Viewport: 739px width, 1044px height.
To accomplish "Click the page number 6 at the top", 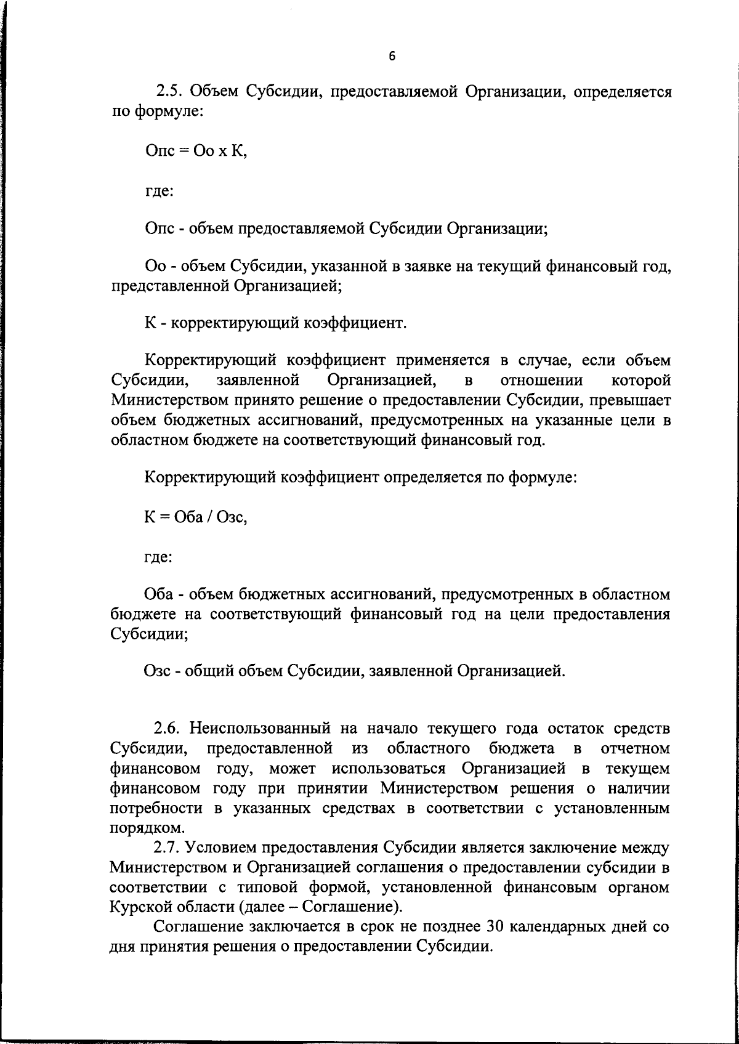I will pyautogui.click(x=392, y=57).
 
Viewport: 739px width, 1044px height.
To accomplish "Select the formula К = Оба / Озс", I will pyautogui.click(x=195, y=517).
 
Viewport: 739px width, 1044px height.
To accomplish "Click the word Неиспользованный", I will pyautogui.click(x=260, y=728).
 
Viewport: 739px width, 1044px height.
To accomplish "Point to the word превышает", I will pyautogui.click(x=631, y=400).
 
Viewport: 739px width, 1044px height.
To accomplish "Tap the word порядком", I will pyautogui.click(x=139, y=828).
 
